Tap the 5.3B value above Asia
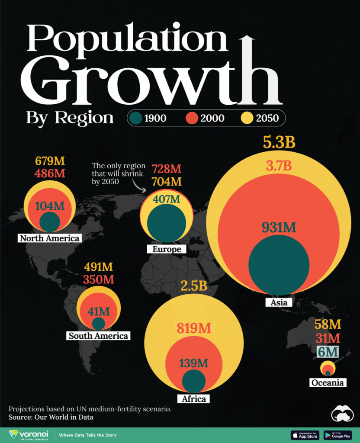[279, 142]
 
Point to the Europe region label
[167, 249]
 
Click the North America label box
[49, 238]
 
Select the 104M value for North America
[50, 206]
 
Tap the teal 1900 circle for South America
[98, 324]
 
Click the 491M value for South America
[99, 266]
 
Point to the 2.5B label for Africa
[193, 286]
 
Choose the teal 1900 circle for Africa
[193, 381]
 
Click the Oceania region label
[328, 382]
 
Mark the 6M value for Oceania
[328, 352]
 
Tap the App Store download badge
[305, 435]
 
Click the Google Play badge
[337, 435]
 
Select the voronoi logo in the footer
[28, 434]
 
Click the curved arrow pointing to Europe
[139, 186]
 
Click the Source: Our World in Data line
[51, 417]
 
